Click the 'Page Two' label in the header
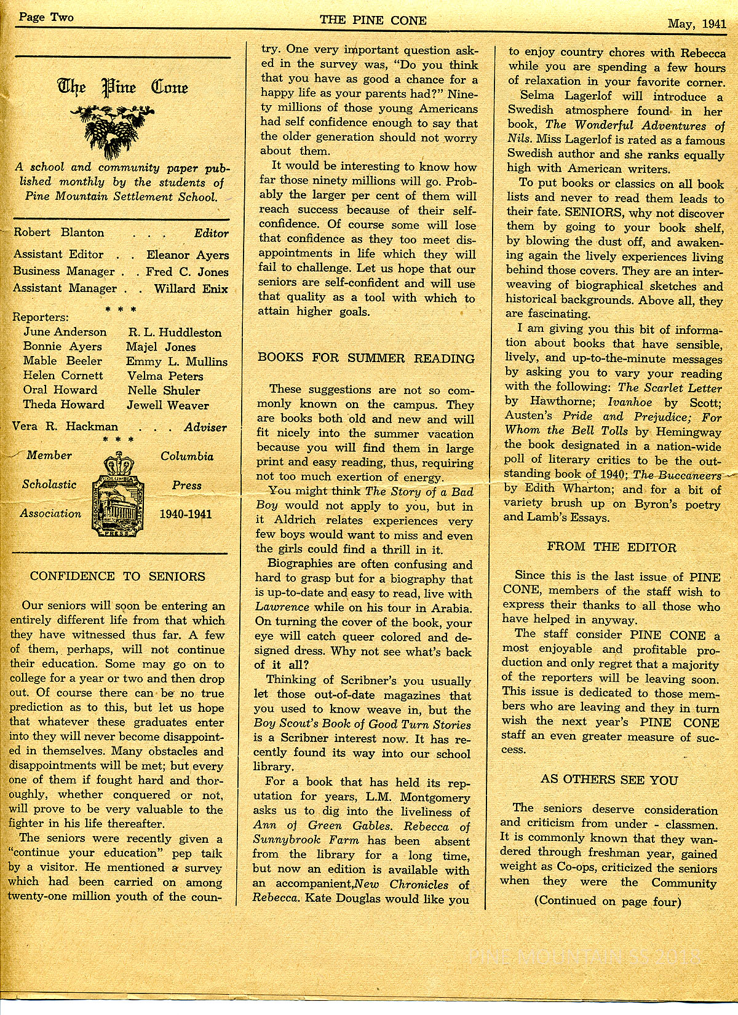click(46, 17)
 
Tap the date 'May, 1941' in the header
click(697, 25)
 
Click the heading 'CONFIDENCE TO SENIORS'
click(117, 576)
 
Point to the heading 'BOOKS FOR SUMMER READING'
click(366, 358)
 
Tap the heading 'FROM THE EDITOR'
click(611, 547)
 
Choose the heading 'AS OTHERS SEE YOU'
click(609, 780)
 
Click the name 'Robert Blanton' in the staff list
click(59, 232)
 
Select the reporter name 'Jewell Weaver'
click(168, 405)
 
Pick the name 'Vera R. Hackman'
click(65, 427)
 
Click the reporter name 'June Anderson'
click(65, 332)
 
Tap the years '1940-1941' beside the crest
click(185, 514)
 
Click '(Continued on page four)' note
click(608, 901)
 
